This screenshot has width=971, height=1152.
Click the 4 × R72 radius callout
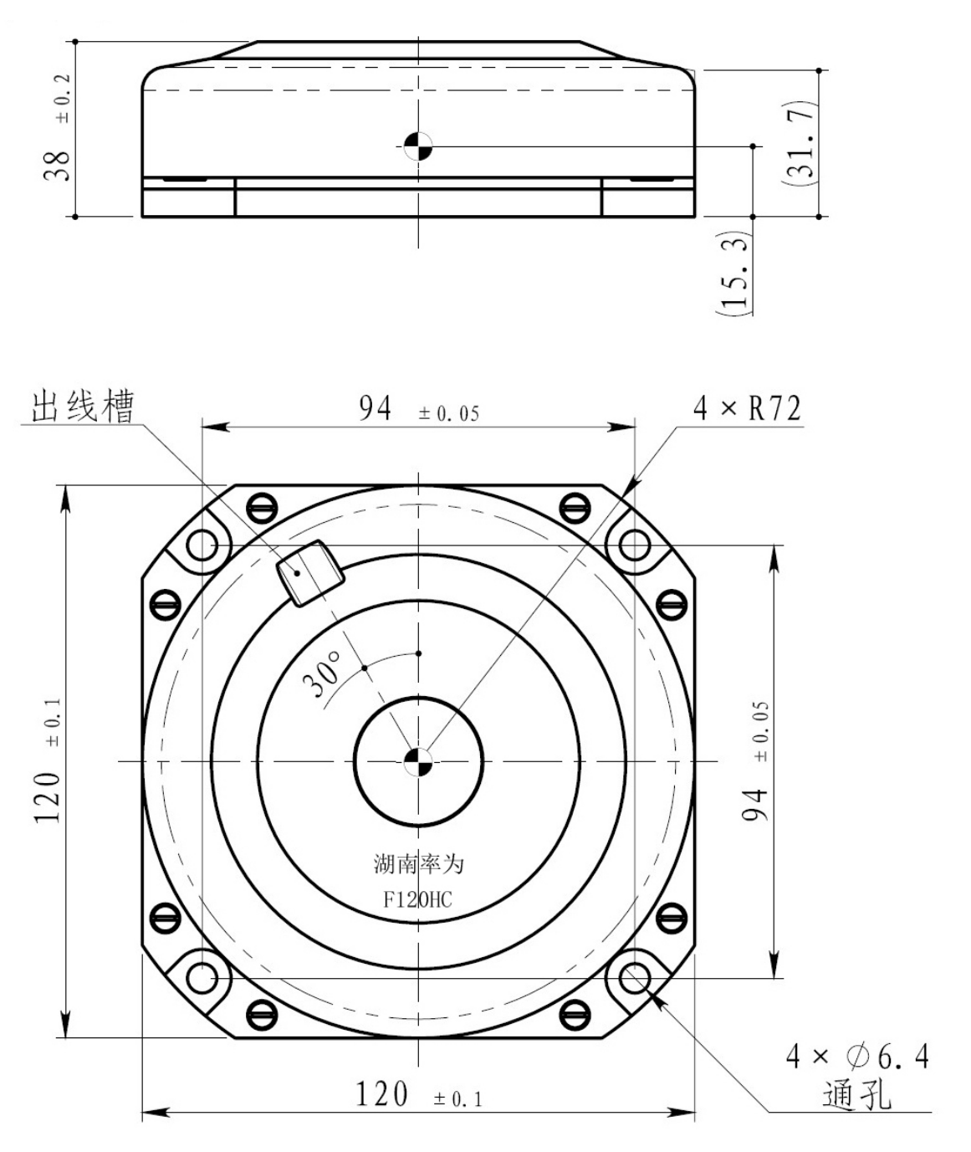tap(746, 408)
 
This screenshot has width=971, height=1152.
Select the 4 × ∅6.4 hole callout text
tap(856, 1057)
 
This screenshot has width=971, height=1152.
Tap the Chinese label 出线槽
tap(82, 407)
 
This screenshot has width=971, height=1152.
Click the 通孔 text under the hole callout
tap(856, 1094)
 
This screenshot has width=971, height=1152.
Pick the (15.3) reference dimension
tap(734, 272)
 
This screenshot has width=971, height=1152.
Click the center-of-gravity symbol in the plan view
tap(417, 761)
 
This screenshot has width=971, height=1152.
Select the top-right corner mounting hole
tap(634, 545)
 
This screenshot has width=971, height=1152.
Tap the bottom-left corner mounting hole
tap(202, 977)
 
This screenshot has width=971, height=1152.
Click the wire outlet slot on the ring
tap(309, 572)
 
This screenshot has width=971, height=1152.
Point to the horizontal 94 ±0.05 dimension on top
tap(417, 409)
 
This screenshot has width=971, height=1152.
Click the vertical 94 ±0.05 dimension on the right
tap(757, 761)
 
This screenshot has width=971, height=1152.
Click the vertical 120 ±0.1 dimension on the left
tap(48, 761)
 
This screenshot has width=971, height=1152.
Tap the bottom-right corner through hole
tap(634, 977)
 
